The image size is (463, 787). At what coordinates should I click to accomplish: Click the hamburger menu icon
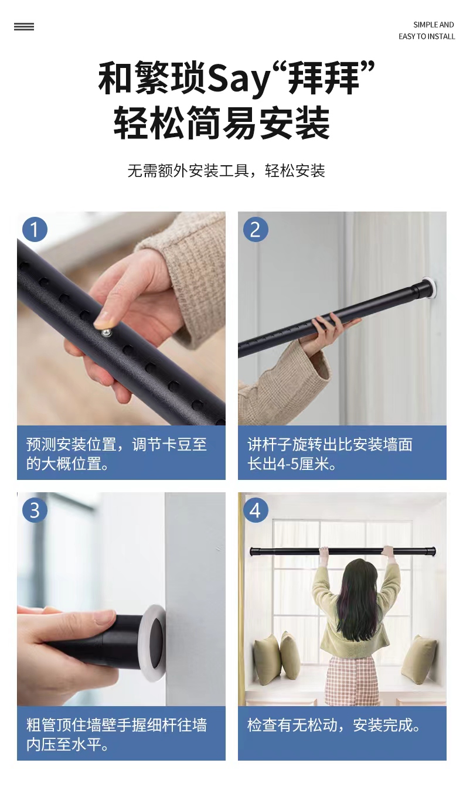tap(24, 26)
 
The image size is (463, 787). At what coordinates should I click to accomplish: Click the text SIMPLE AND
tap(433, 25)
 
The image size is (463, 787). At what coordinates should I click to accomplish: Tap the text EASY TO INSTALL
tap(427, 36)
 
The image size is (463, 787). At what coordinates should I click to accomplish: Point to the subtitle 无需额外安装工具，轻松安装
tap(226, 171)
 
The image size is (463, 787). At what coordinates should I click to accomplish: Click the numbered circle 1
tap(35, 229)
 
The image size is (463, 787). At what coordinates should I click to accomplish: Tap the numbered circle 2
tap(255, 229)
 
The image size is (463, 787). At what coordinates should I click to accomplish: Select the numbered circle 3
tap(35, 509)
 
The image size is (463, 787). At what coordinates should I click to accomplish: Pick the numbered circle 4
tap(255, 509)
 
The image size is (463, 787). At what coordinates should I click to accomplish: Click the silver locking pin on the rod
tap(107, 333)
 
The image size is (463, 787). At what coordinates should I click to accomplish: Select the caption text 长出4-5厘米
tap(292, 464)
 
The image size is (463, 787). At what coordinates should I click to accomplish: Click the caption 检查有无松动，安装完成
tap(334, 725)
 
